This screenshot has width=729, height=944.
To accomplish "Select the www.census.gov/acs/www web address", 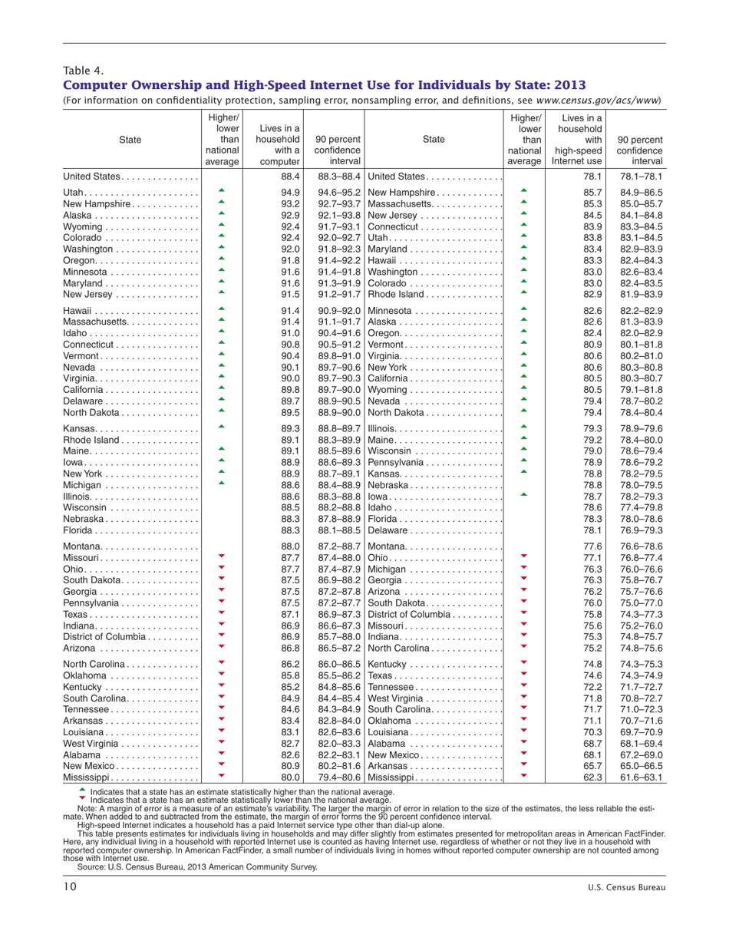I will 599,100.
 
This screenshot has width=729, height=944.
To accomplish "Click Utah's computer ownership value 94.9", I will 289,191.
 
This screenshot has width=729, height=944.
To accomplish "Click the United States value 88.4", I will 289,177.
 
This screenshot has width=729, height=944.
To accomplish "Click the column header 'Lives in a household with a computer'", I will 280,145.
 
